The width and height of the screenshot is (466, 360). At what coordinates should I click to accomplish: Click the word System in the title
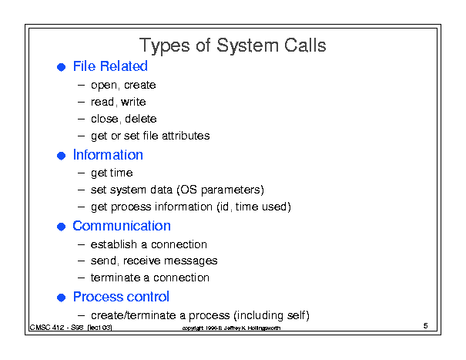pos(247,46)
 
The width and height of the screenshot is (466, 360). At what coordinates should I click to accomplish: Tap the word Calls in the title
pos(305,45)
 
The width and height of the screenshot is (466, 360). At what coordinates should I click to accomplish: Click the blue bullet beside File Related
pos(61,67)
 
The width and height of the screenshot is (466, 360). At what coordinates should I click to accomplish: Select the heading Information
pos(108,155)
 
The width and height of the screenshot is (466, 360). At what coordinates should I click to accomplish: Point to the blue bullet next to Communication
pos(61,227)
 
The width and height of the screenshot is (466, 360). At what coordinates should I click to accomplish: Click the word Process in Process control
pos(96,297)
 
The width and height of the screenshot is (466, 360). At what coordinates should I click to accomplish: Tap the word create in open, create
pos(139,85)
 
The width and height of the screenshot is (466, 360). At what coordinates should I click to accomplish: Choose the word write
pos(133,102)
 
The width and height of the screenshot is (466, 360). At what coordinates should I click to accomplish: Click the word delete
pos(141,119)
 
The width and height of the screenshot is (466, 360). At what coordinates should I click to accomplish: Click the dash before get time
pos(81,173)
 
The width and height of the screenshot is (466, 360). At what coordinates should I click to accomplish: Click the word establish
pos(114,244)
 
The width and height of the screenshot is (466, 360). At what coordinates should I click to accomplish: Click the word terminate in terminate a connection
pos(116,278)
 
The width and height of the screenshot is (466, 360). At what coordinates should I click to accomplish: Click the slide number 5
pos(425,326)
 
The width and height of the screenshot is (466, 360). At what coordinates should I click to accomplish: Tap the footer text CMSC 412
pos(47,328)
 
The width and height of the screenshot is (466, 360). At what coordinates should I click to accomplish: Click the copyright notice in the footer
pos(231,328)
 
